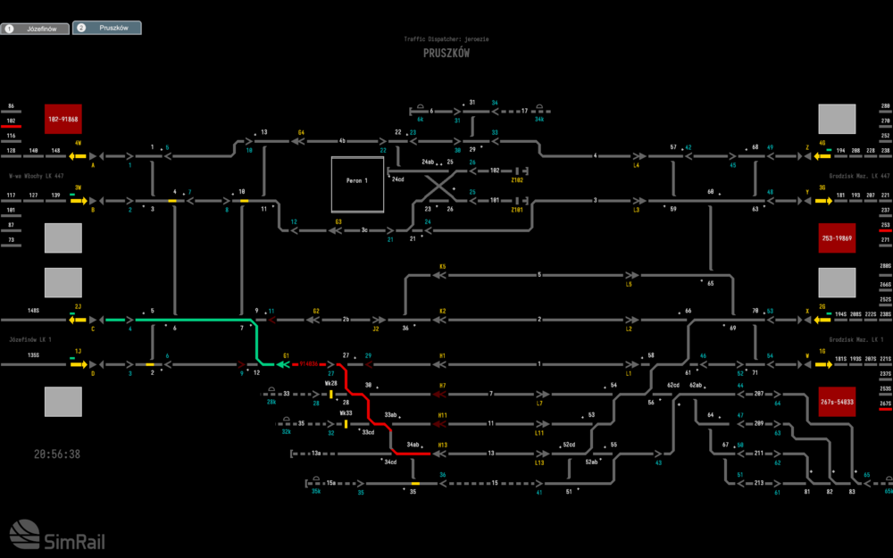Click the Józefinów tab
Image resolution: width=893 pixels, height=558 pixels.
(35, 29)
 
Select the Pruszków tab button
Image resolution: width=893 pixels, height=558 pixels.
(106, 29)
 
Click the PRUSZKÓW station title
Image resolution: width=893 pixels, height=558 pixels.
(446, 54)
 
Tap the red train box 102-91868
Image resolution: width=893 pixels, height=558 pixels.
(63, 119)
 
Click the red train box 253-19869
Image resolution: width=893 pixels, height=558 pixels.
(838, 238)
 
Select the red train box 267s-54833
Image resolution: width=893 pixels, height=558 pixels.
(838, 403)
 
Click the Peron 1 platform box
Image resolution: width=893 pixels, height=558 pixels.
(357, 184)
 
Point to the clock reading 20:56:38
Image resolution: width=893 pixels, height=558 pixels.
(57, 454)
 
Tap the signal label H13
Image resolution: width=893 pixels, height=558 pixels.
(442, 445)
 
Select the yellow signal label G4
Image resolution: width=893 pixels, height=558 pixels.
(302, 133)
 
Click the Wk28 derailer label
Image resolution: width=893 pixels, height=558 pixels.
(331, 383)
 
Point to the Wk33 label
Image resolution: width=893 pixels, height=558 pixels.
(346, 413)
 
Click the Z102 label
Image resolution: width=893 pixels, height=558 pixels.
(516, 180)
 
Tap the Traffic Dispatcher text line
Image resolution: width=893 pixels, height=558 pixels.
(446, 39)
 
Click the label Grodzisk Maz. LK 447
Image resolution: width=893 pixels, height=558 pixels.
(859, 176)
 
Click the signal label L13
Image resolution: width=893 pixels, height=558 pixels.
(539, 462)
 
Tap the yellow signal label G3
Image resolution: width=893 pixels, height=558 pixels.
(338, 221)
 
